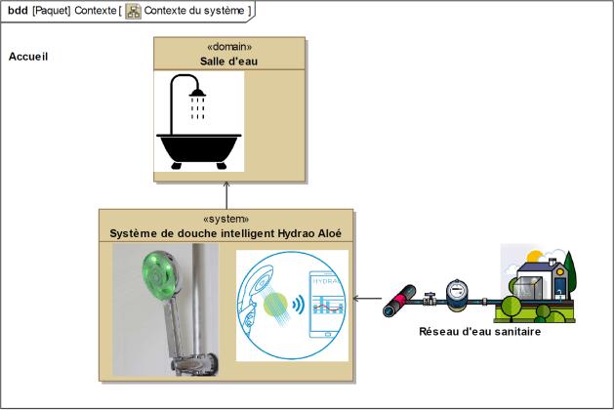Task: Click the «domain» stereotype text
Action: click(229, 47)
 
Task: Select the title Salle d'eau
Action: click(228, 61)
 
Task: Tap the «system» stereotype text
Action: click(225, 219)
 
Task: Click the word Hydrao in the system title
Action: click(296, 233)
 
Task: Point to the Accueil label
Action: click(28, 57)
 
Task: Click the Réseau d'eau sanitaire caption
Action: click(479, 332)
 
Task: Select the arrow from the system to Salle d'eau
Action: click(226, 195)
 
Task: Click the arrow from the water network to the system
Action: click(367, 299)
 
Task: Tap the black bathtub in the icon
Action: click(199, 149)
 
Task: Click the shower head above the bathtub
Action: click(197, 93)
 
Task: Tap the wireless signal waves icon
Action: click(299, 304)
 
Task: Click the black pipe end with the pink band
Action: click(399, 301)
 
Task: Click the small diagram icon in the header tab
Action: click(134, 12)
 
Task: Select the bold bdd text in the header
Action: click(18, 11)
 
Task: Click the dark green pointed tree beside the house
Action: click(570, 270)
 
